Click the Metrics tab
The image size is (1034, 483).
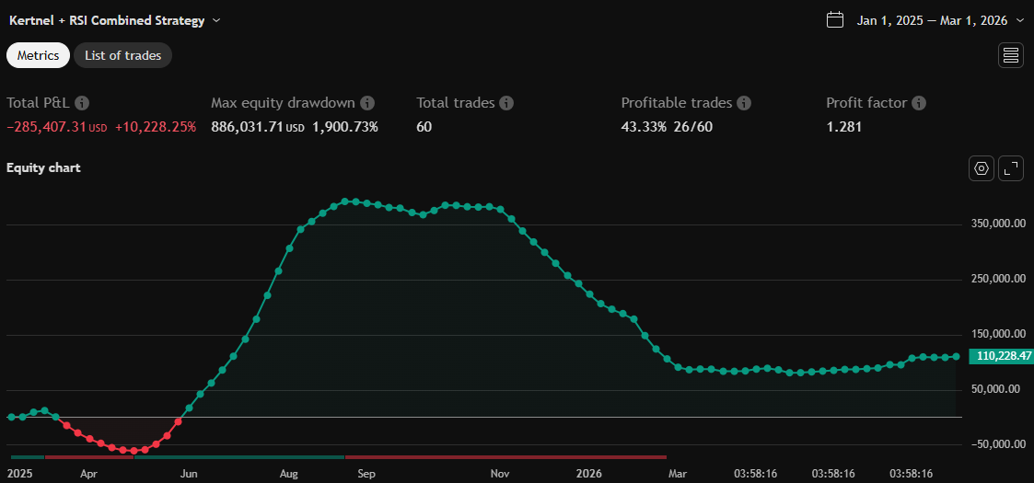click(38, 55)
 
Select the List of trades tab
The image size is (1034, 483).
click(122, 55)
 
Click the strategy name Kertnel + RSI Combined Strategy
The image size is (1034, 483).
click(107, 19)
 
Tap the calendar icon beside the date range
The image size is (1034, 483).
click(835, 19)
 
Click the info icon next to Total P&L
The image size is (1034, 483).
click(82, 103)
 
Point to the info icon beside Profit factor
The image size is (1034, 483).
click(919, 103)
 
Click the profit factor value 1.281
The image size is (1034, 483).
click(843, 127)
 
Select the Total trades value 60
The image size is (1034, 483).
click(424, 127)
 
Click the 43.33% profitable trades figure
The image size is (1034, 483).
click(643, 127)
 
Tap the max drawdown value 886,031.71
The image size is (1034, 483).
click(246, 127)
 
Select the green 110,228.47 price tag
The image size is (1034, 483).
click(1000, 356)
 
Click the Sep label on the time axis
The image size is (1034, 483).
click(366, 474)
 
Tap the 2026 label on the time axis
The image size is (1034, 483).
click(588, 474)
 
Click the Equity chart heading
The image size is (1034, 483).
click(43, 167)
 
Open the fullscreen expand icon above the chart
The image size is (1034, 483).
click(1011, 167)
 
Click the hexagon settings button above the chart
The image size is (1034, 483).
click(982, 167)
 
